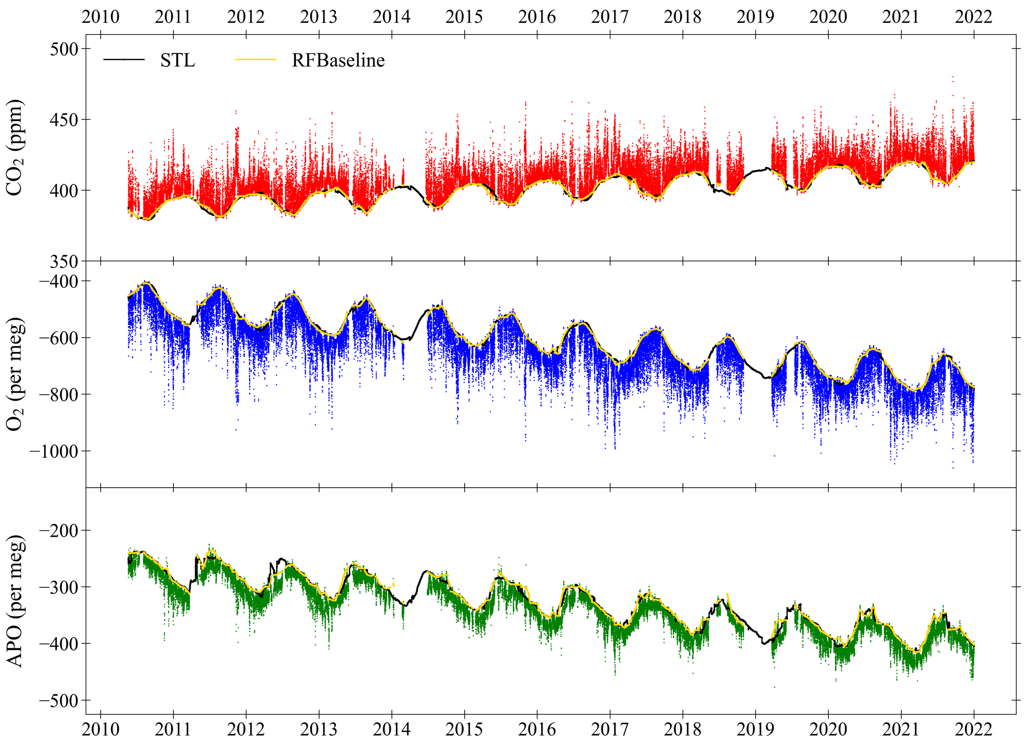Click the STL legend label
tap(177, 60)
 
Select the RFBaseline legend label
tap(338, 60)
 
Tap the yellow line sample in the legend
tap(256, 60)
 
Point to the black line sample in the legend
tap(124, 60)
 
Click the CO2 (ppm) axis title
tap(15, 148)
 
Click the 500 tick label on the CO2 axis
tap(64, 49)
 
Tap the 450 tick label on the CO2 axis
tap(64, 120)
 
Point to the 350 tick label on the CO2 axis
tap(64, 262)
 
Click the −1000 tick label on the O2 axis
tap(54, 451)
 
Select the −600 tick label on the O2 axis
tap(57, 338)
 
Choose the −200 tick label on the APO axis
tap(57, 531)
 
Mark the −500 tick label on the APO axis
tap(57, 700)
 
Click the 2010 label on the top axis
tap(101, 17)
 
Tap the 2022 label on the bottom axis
tap(973, 729)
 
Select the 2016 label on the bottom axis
tap(537, 729)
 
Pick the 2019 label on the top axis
tap(755, 17)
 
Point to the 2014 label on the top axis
tap(391, 17)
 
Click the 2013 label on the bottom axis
tap(319, 729)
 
